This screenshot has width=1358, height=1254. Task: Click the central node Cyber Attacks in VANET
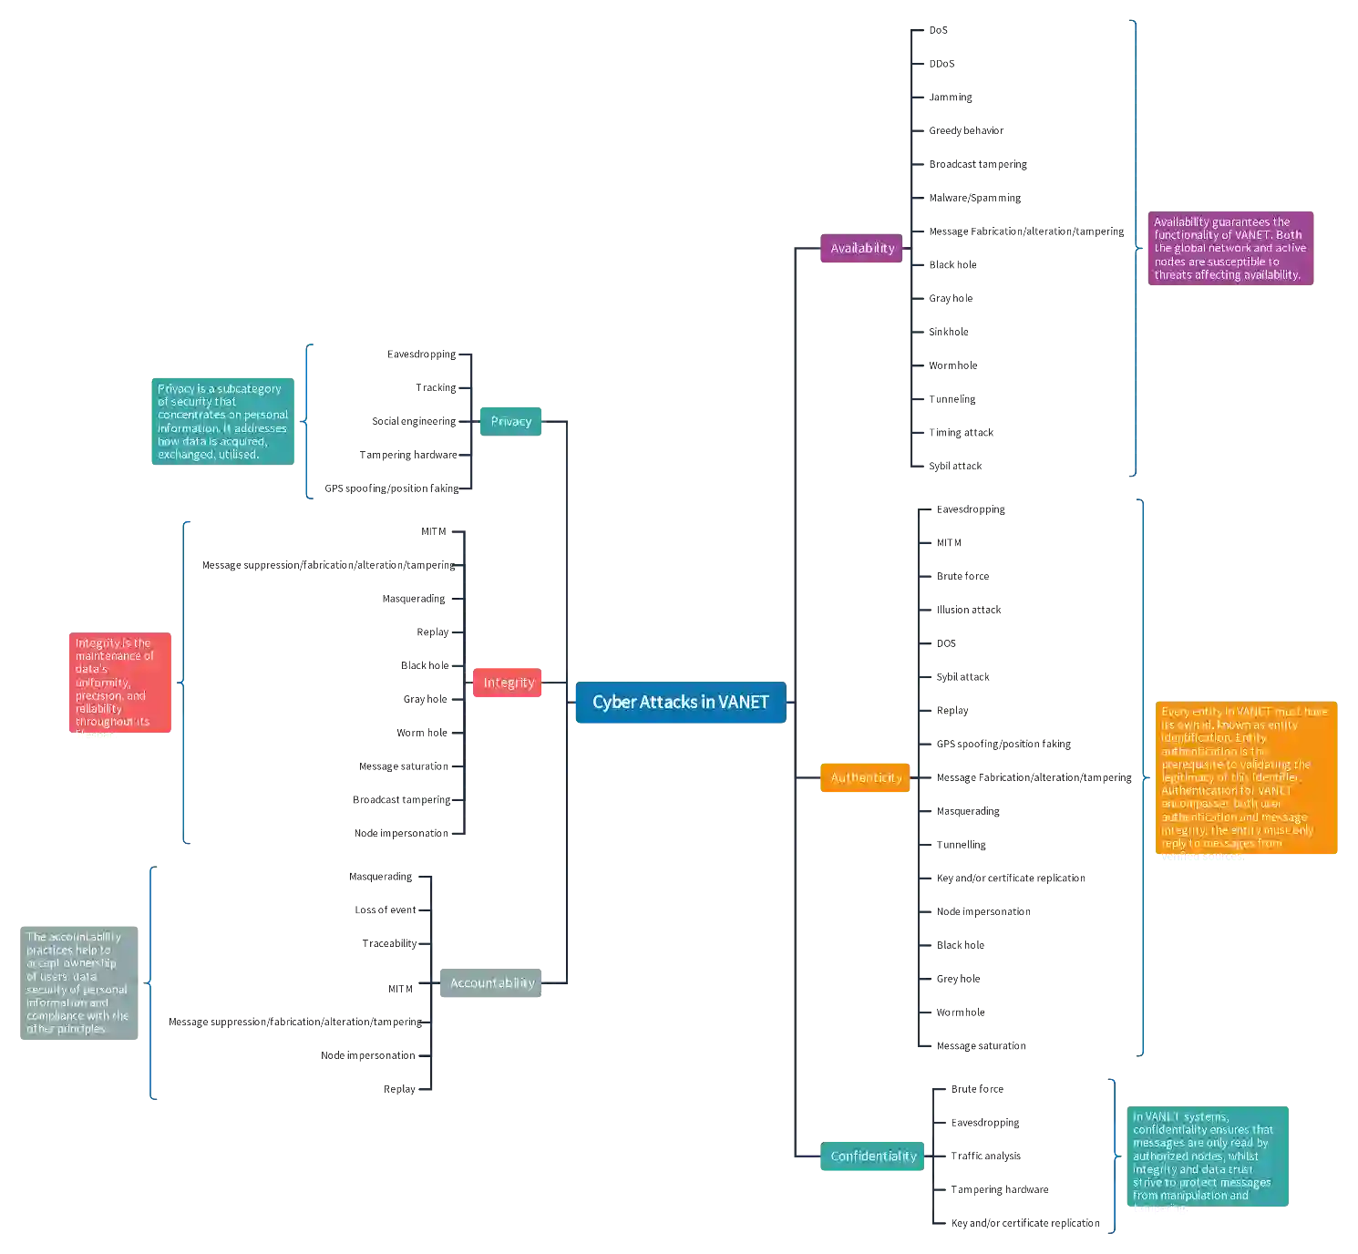point(680,702)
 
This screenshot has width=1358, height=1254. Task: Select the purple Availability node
point(861,248)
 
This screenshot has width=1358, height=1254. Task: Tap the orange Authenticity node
point(865,777)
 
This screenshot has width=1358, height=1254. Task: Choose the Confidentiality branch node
point(872,1156)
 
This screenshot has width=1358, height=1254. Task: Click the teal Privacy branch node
point(510,421)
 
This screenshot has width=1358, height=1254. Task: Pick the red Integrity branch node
point(508,683)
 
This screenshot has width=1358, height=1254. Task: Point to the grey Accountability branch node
point(492,982)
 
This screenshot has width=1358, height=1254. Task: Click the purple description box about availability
point(1230,249)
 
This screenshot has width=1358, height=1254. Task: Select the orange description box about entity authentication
point(1245,778)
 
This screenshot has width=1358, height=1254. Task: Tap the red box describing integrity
point(121,683)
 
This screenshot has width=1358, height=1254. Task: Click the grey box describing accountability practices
point(77,983)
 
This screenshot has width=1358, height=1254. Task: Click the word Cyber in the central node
point(611,702)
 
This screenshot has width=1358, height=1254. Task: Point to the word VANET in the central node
point(743,702)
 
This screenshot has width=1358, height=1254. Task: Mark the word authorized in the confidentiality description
point(1161,1156)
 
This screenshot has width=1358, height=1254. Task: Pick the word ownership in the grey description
point(90,963)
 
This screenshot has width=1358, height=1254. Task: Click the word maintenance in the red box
point(114,655)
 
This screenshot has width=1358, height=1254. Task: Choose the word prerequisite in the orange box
point(1194,765)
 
